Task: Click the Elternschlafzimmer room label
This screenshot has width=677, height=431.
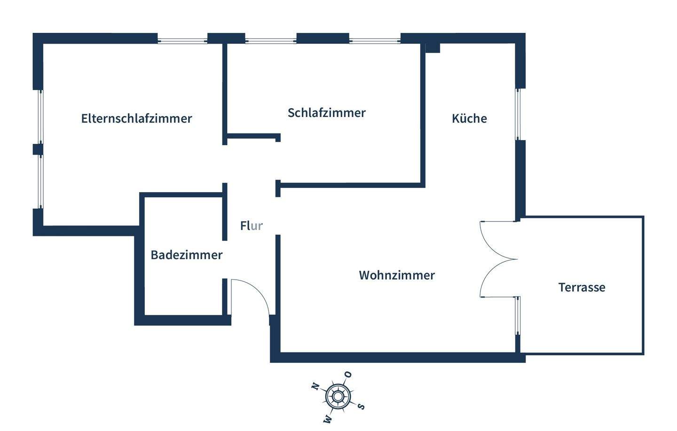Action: [x=136, y=118]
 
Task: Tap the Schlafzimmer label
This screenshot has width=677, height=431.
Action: [x=326, y=113]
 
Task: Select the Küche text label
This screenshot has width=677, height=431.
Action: [x=469, y=118]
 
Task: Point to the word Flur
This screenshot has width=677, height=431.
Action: [x=251, y=226]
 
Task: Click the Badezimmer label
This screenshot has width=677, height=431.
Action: [x=186, y=255]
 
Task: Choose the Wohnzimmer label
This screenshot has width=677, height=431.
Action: [x=397, y=275]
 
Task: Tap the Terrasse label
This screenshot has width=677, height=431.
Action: [x=582, y=287]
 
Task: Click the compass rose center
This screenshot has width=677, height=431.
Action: [x=338, y=397]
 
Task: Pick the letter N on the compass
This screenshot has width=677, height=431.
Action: [x=315, y=386]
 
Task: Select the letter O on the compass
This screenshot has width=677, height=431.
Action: [x=348, y=375]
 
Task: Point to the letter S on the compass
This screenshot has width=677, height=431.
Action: [x=361, y=406]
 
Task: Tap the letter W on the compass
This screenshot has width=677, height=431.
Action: [x=328, y=418]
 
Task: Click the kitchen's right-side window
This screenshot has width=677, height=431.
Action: [x=518, y=114]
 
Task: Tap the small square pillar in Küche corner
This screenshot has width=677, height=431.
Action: [x=433, y=48]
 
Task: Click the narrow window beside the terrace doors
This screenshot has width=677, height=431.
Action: [x=518, y=315]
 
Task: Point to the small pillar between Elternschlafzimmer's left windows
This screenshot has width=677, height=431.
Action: [x=38, y=149]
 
